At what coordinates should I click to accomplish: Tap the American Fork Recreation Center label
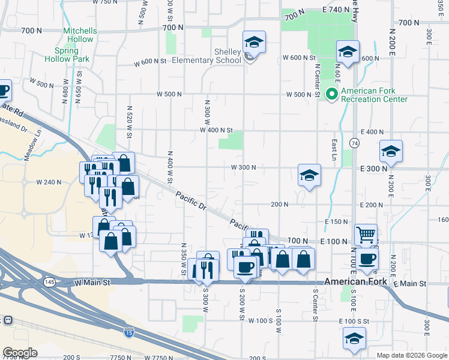374,95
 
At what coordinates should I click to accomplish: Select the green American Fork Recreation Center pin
331,94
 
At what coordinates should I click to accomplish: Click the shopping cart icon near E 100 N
366,234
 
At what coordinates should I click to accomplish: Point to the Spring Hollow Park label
67,55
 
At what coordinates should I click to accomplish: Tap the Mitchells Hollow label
79,35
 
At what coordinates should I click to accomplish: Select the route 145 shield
49,281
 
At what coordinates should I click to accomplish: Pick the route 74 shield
355,143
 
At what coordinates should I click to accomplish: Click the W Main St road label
93,282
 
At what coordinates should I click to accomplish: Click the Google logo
20,353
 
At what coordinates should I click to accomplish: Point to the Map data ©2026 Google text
412,355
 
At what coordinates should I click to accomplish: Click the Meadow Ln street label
29,148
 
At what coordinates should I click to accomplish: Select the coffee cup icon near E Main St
367,259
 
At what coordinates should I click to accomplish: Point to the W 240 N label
49,182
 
